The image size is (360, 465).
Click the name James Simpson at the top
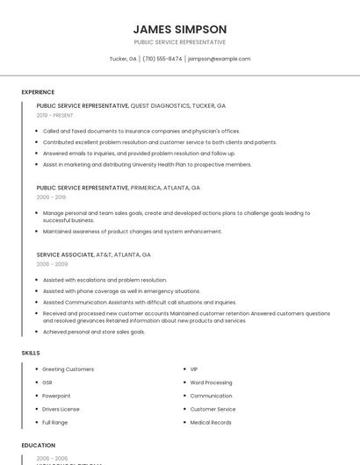tap(179, 29)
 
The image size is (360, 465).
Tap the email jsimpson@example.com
tap(220, 59)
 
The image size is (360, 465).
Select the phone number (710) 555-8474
tap(162, 59)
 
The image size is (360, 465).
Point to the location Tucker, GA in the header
tap(123, 59)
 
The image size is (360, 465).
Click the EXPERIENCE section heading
tap(38, 92)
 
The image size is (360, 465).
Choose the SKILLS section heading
tap(31, 353)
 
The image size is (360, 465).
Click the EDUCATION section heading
tap(39, 446)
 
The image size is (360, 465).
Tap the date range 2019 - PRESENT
tap(55, 115)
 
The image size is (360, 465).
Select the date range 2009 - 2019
tap(51, 197)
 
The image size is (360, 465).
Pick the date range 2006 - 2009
tap(52, 264)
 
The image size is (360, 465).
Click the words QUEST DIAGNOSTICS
tap(160, 105)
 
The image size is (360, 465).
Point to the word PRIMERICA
tap(149, 188)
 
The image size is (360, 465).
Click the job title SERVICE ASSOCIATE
tap(65, 254)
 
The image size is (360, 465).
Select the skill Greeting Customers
tap(68, 369)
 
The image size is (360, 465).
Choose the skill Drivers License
tap(61, 409)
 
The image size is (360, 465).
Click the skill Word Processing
tap(211, 383)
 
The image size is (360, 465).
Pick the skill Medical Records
tap(211, 422)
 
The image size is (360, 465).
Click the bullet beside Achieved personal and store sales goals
tap(35, 333)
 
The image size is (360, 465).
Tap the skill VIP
tap(194, 369)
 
